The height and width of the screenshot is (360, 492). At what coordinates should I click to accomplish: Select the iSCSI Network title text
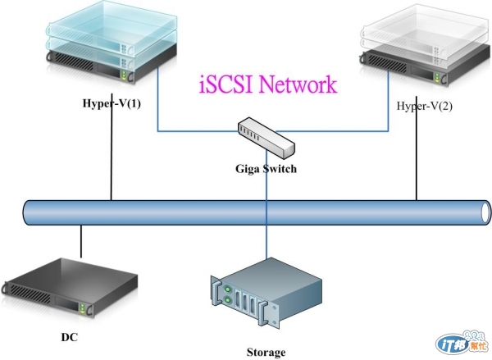click(x=267, y=84)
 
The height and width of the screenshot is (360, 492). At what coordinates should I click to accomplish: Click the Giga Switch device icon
click(x=266, y=136)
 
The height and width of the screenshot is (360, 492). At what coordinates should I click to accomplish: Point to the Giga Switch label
click(x=264, y=170)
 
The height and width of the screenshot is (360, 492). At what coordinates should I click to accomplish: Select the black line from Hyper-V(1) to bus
click(x=111, y=156)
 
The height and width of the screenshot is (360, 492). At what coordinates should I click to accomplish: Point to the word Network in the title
click(x=298, y=84)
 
